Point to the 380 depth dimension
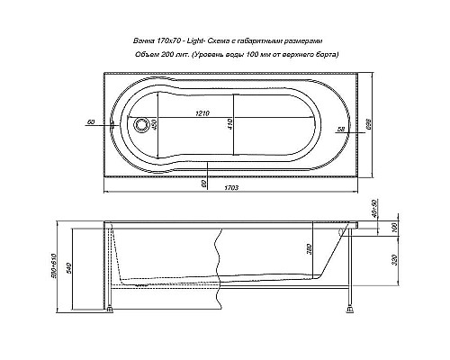click(310, 248)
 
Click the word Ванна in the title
click(142, 41)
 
